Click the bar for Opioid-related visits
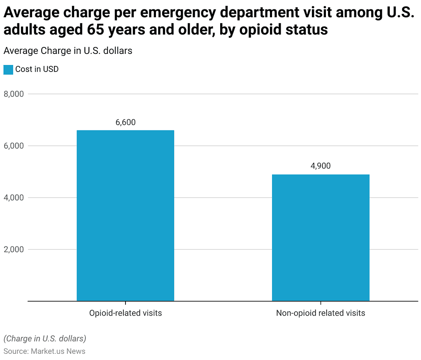(126, 216)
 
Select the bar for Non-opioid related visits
(321, 237)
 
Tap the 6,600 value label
(126, 122)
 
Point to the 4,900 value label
(321, 166)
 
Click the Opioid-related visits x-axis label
(126, 313)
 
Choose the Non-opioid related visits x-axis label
(321, 313)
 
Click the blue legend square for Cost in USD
(8, 70)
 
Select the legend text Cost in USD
(37, 69)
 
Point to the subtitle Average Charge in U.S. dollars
(67, 51)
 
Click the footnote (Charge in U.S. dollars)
(45, 339)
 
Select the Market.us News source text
(58, 351)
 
